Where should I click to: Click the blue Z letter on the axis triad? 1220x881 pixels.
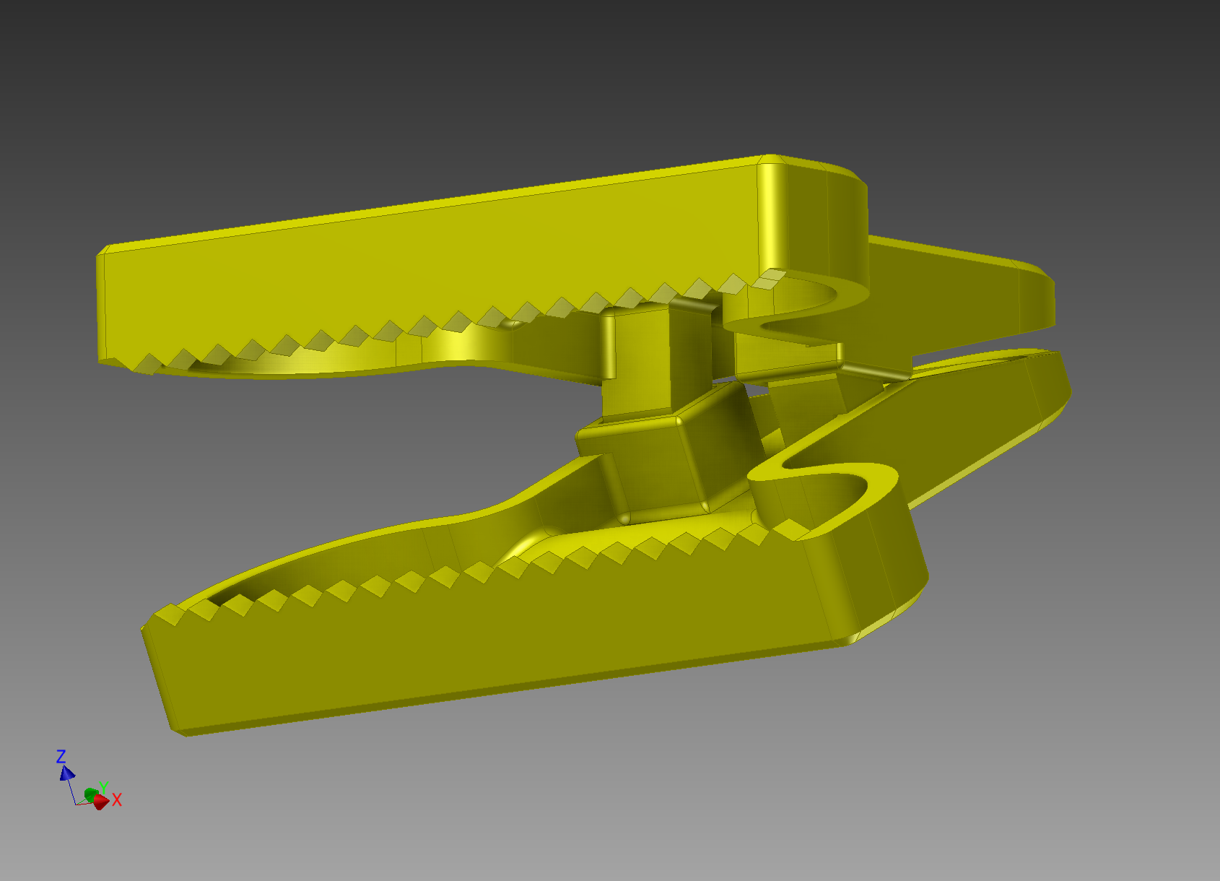(61, 756)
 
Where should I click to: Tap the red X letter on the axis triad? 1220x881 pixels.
(117, 799)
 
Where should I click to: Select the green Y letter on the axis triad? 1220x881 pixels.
(103, 787)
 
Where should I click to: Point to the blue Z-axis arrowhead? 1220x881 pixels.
(67, 773)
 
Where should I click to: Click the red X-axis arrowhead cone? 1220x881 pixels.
(100, 802)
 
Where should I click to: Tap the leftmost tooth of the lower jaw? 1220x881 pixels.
(170, 615)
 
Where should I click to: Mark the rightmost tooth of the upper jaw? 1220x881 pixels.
(771, 278)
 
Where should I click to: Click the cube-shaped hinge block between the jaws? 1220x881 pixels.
(650, 462)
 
